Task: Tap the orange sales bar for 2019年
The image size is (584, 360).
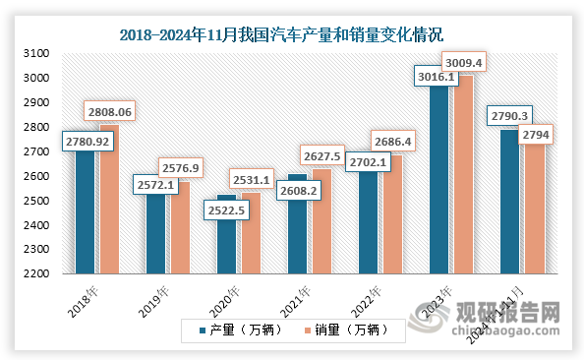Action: click(179, 228)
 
